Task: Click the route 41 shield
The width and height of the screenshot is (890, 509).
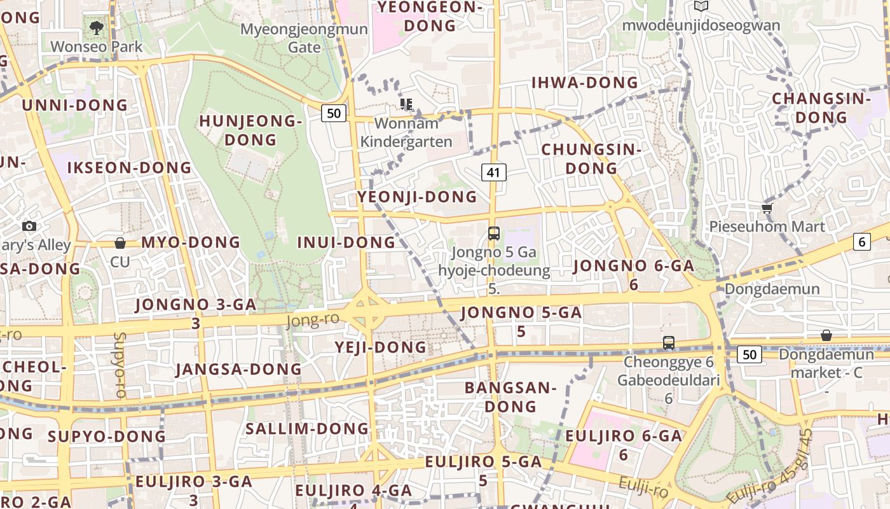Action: pos(494,172)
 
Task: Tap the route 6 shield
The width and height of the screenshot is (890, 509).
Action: pos(862,242)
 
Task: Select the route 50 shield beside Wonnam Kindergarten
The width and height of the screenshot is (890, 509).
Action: pos(334,114)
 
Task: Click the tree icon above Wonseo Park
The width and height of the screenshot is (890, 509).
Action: pos(97,28)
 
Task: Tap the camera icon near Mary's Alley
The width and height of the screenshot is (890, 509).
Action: pos(29,226)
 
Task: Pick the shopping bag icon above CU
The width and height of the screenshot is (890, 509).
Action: pos(120,243)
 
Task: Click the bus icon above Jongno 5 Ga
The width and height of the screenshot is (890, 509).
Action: pos(494,233)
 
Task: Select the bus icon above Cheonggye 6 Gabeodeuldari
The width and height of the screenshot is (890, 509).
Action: pos(668,343)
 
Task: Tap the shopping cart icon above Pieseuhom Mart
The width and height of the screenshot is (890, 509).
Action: pos(767,208)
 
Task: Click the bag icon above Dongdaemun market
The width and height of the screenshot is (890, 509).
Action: pos(826,335)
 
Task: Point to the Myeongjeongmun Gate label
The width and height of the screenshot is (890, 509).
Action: pos(304,38)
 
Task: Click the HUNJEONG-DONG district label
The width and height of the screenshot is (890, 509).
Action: pos(250,130)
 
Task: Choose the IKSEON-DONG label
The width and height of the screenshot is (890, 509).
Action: pos(129,168)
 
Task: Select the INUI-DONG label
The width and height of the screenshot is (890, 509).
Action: pos(346,242)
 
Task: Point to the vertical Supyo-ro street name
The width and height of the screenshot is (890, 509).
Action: pos(120,365)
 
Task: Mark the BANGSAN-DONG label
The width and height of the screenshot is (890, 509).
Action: pos(510,396)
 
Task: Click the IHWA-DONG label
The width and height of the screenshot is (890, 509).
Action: pos(584,83)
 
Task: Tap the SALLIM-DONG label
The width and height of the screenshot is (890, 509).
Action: pos(307,429)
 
